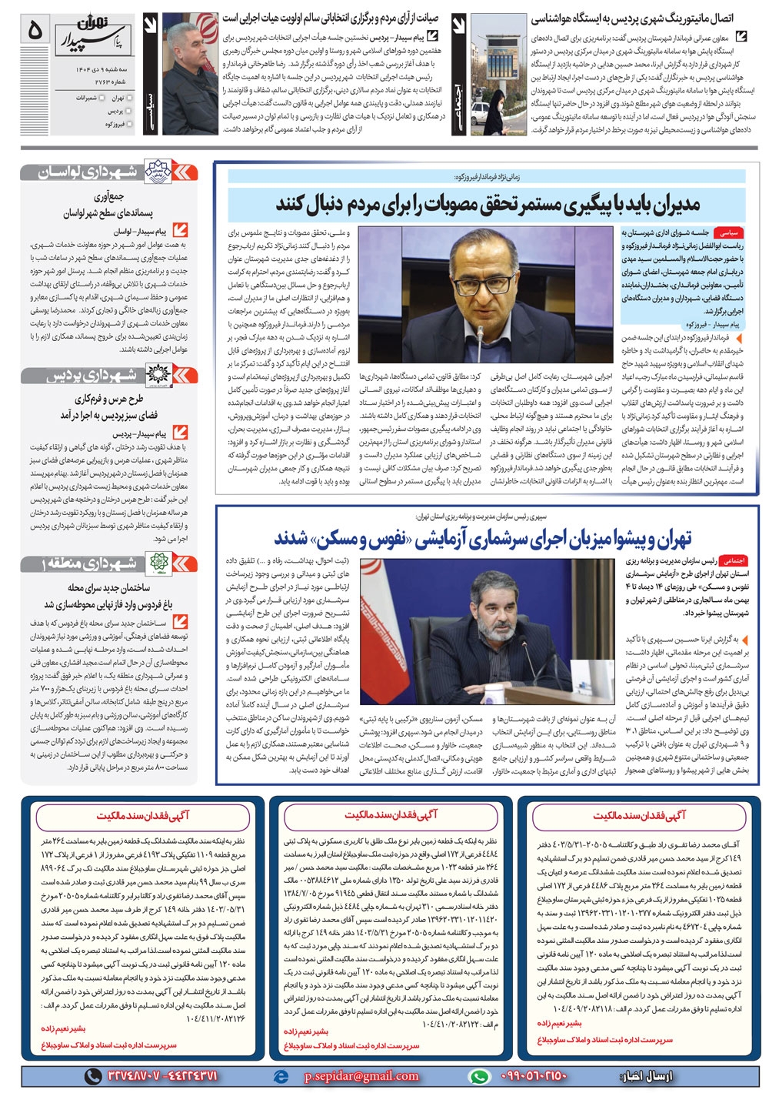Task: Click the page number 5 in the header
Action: (35, 32)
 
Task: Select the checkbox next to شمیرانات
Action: (102, 99)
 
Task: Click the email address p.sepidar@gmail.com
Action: (361, 1076)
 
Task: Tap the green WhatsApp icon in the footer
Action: (478, 1076)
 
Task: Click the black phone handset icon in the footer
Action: (92, 1076)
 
